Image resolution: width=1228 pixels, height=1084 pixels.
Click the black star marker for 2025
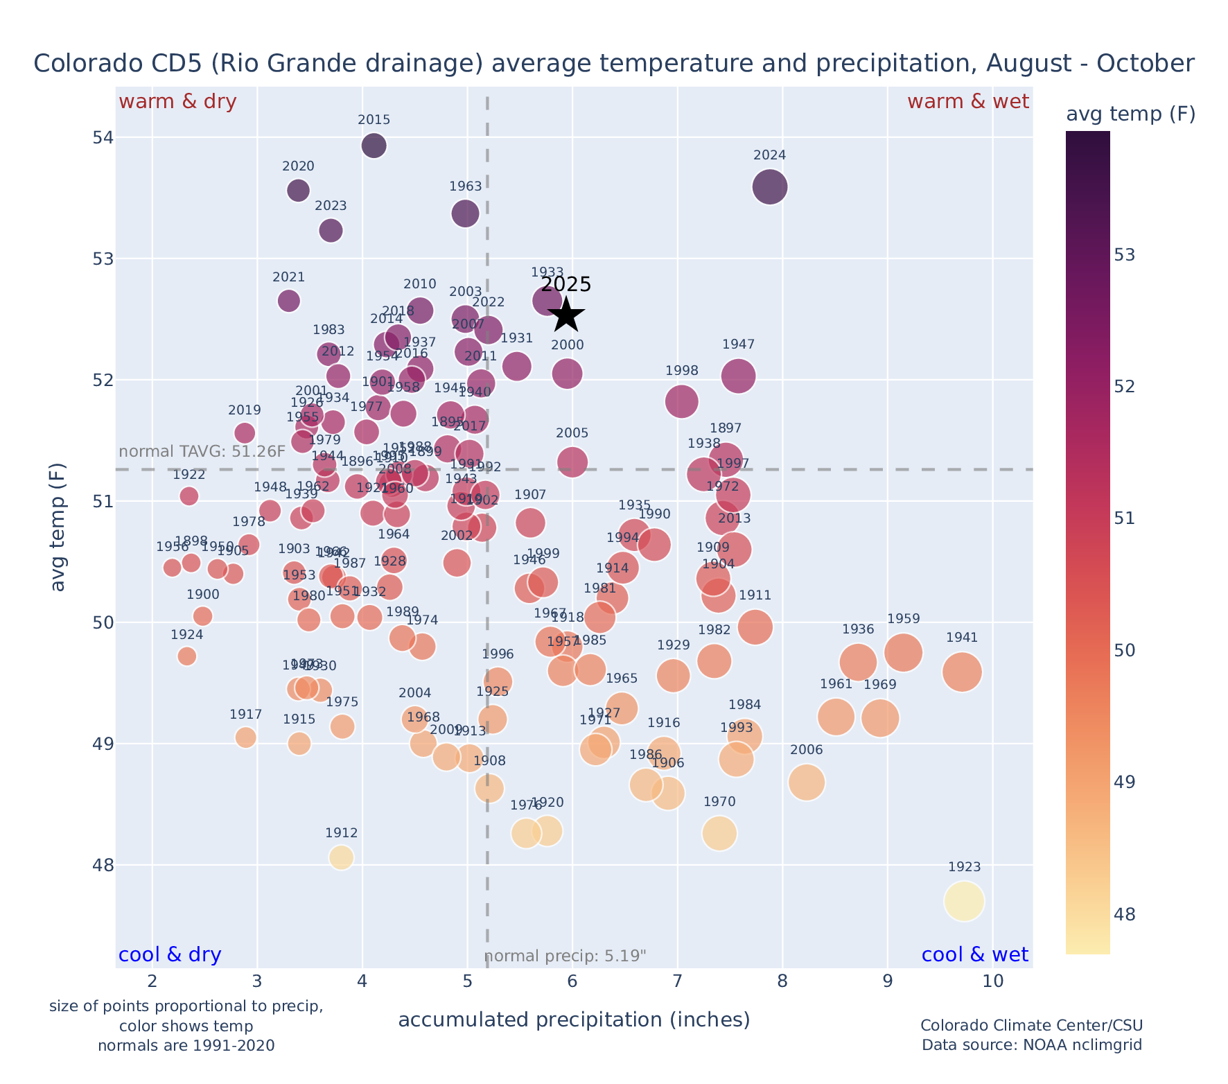567,315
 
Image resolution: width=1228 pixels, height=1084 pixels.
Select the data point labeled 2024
769,187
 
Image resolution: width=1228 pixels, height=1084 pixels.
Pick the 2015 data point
374,146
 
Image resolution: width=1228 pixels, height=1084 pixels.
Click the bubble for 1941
962,672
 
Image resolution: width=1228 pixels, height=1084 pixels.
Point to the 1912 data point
341,857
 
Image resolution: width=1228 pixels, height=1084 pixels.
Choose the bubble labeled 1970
719,833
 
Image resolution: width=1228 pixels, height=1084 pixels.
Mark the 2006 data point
806,783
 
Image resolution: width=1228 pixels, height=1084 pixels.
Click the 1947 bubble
738,376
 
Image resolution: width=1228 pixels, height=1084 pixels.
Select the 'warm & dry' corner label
177,102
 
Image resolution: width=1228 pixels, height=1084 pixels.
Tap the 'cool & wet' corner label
974,955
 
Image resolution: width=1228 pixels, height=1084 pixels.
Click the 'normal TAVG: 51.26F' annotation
202,452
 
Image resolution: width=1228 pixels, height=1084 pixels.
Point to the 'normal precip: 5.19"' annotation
565,956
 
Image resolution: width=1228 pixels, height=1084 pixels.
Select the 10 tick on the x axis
993,981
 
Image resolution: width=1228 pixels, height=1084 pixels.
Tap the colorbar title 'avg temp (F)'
1130,114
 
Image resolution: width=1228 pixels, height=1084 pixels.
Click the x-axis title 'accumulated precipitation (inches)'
574,1020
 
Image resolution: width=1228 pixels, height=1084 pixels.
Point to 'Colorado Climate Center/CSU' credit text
1031,1026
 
